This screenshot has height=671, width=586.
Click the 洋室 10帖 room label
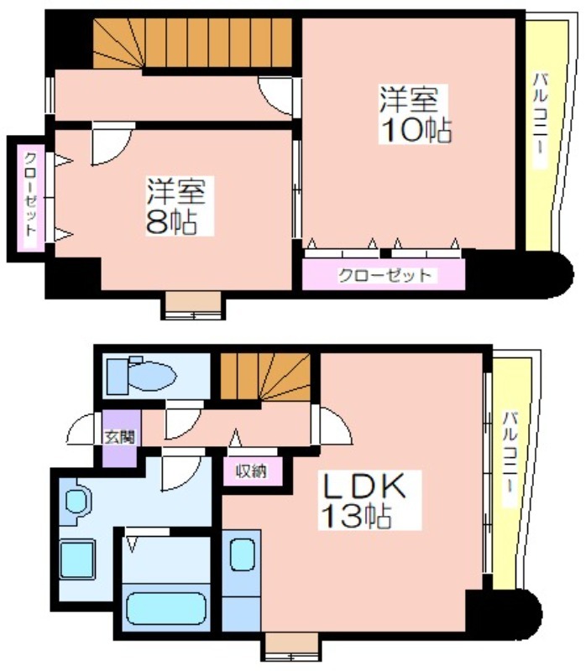pyautogui.click(x=414, y=114)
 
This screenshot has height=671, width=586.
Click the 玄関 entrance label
pyautogui.click(x=120, y=436)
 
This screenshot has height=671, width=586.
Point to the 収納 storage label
pyautogui.click(x=252, y=471)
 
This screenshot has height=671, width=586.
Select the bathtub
pyautogui.click(x=166, y=608)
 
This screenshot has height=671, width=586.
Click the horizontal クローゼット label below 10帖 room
pyautogui.click(x=385, y=275)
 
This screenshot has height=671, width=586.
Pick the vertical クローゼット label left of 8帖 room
pyautogui.click(x=31, y=195)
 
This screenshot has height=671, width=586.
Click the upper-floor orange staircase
pyautogui.click(x=192, y=43)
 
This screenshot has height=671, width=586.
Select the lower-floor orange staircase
pyautogui.click(x=265, y=376)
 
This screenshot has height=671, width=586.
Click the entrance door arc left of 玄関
pyautogui.click(x=82, y=429)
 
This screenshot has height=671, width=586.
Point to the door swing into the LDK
pyautogui.click(x=332, y=425)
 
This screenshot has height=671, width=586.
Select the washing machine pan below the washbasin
pyautogui.click(x=77, y=559)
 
